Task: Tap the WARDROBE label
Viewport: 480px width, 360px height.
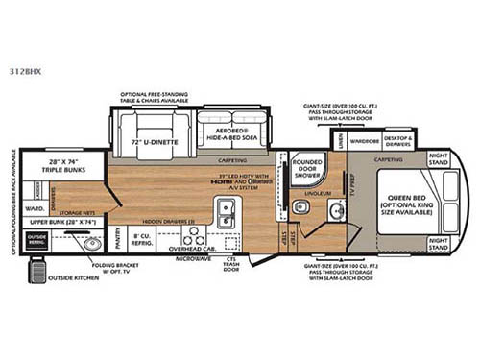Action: pyautogui.click(x=364, y=139)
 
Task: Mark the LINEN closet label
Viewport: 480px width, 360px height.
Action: pyautogui.click(x=341, y=140)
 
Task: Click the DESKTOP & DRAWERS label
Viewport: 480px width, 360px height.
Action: pyautogui.click(x=398, y=139)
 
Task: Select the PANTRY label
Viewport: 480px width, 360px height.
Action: pyautogui.click(x=117, y=230)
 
